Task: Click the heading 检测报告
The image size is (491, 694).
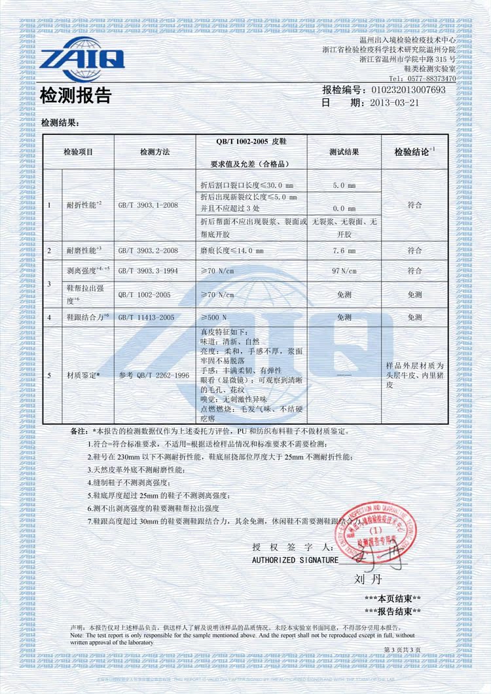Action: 76,96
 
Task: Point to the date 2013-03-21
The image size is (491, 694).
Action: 393,103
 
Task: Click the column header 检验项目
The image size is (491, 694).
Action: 78,152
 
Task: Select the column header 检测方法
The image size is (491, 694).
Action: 155,152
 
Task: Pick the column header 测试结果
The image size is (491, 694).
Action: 344,152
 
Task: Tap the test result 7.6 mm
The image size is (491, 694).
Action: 344,250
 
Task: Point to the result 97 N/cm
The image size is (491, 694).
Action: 344,270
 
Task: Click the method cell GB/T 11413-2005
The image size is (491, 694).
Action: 149,317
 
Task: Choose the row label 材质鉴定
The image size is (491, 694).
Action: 83,375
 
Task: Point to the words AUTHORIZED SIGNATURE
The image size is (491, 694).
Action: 295,560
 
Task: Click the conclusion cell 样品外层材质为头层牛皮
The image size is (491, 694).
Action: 414,375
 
